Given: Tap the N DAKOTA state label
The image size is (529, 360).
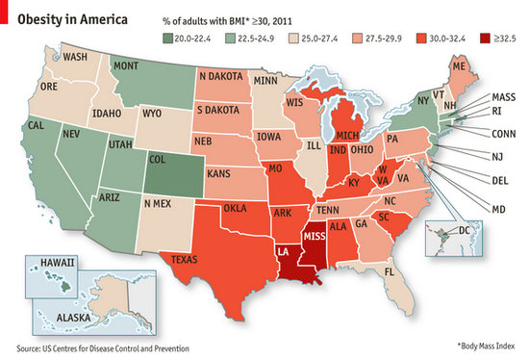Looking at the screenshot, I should [x=220, y=75].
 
